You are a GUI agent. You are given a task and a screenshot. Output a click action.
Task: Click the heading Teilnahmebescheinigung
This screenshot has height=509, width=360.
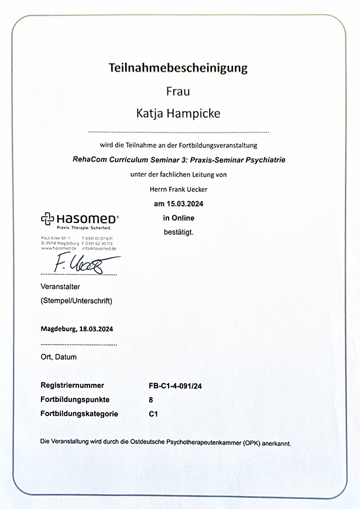pyautogui.click(x=178, y=68)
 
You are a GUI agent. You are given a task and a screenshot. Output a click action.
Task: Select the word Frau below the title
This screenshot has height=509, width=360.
pyautogui.click(x=179, y=91)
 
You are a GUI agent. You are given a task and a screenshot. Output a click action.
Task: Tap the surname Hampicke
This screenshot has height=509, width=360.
pyautogui.click(x=196, y=113)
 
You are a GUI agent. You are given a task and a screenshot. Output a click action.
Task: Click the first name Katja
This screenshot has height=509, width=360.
pyautogui.click(x=150, y=113)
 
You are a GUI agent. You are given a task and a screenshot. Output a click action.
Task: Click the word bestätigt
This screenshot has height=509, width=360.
pyautogui.click(x=179, y=232)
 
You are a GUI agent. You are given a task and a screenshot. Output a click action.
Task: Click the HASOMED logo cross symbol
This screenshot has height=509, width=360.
pyautogui.click(x=47, y=219)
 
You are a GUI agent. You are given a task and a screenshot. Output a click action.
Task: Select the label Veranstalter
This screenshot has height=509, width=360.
pyautogui.click(x=64, y=287)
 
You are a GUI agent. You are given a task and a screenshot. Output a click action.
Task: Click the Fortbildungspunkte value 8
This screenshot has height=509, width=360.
pyautogui.click(x=152, y=400)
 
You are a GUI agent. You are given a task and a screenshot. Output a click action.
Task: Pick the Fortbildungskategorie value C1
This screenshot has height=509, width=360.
pyautogui.click(x=154, y=414)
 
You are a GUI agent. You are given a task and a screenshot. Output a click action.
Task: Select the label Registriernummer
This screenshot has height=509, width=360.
pyautogui.click(x=73, y=386)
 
